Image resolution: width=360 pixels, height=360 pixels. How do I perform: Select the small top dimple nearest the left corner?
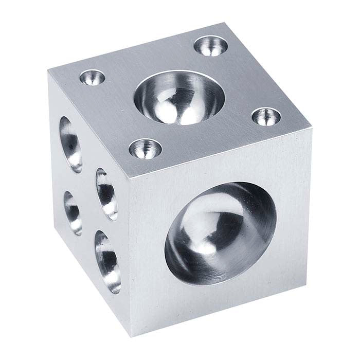(93, 78)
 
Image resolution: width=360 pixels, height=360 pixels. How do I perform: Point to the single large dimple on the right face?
(220, 227)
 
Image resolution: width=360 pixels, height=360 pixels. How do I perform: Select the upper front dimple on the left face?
(105, 193)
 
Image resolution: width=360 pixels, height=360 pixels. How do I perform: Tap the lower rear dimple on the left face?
(72, 211)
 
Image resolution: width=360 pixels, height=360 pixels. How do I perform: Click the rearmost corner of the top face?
(225, 23)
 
